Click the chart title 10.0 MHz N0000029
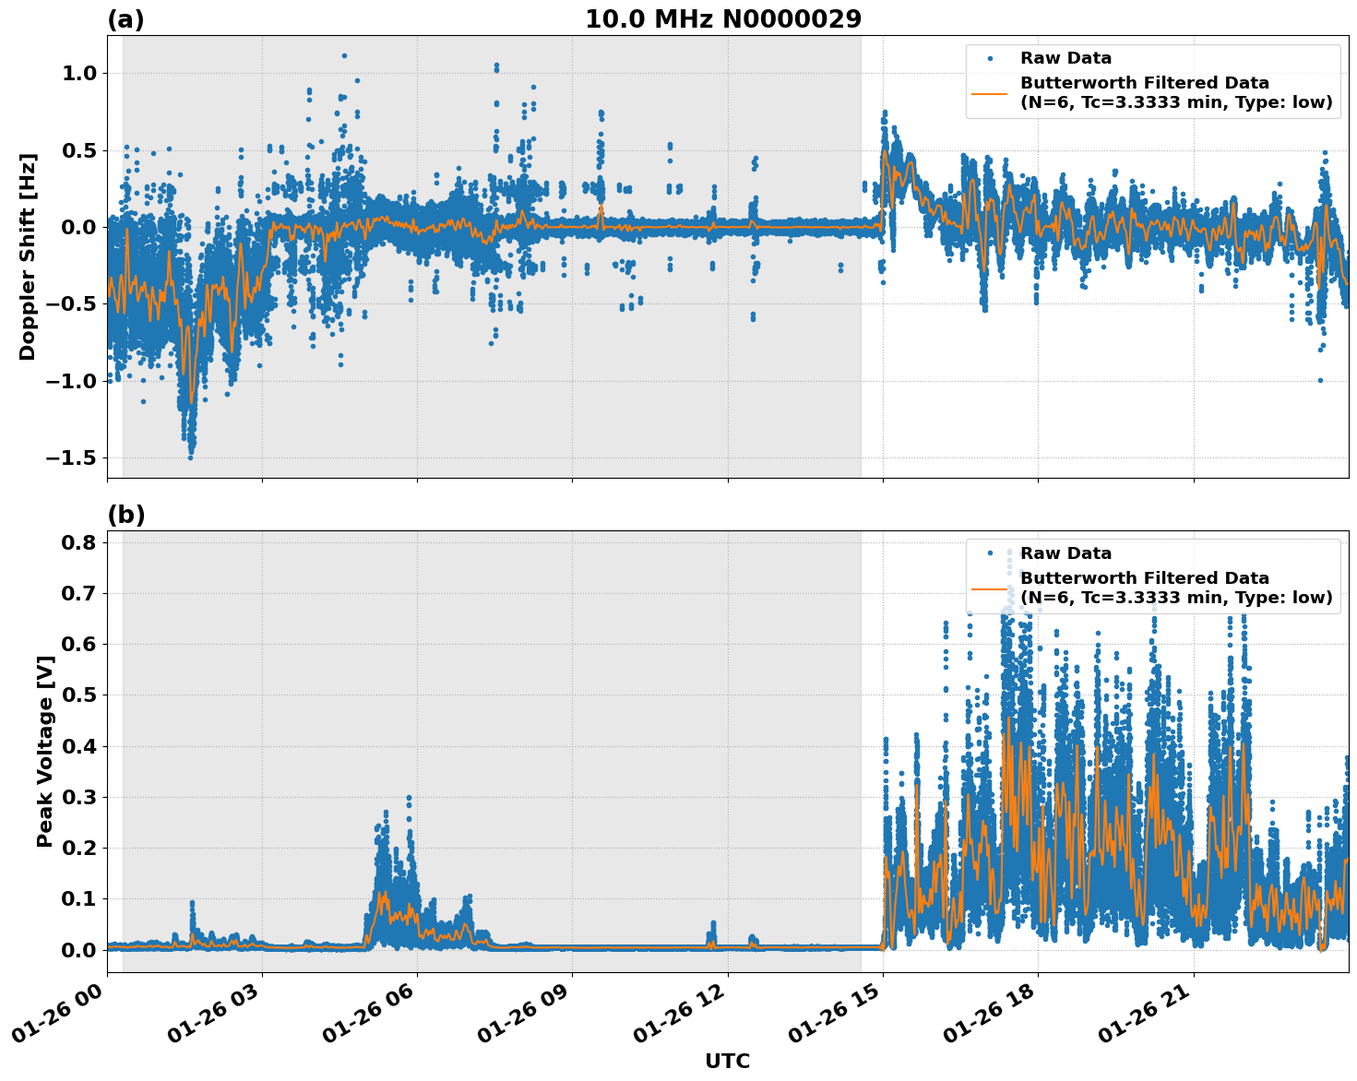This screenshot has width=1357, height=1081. pyautogui.click(x=723, y=19)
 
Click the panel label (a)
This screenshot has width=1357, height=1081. pyautogui.click(x=125, y=19)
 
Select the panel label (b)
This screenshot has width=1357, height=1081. pyautogui.click(x=125, y=515)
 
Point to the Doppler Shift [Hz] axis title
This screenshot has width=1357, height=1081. pyautogui.click(x=28, y=256)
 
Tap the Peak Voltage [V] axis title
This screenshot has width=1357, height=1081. pyautogui.click(x=44, y=751)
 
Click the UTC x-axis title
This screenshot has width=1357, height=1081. pyautogui.click(x=727, y=1061)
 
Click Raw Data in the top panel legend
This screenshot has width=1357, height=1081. pyautogui.click(x=1065, y=58)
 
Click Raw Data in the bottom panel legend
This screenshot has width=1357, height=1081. pyautogui.click(x=1065, y=553)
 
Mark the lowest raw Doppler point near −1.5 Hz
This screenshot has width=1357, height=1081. pyautogui.click(x=190, y=457)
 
